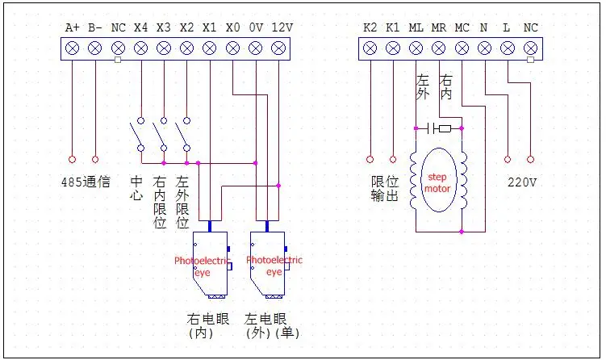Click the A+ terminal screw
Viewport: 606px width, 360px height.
(73, 48)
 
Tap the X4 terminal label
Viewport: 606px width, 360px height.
(140, 27)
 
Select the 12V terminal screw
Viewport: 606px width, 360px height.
(278, 48)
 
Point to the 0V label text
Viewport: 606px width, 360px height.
(256, 27)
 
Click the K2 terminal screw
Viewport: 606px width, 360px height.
(370, 48)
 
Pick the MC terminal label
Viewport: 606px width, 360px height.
(462, 27)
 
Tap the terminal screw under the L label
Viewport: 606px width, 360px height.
(508, 48)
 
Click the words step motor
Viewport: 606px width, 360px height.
(437, 182)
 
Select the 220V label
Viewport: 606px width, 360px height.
(522, 182)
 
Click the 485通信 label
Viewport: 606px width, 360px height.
(86, 182)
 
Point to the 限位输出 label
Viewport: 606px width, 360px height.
(385, 188)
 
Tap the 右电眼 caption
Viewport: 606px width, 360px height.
(208, 319)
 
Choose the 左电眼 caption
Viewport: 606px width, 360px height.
(265, 319)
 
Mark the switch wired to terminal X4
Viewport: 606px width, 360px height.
(137, 134)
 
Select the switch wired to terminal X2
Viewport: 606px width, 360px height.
(183, 134)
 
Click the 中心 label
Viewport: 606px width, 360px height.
(136, 188)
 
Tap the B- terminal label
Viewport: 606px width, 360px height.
(95, 27)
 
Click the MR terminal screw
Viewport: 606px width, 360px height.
(439, 48)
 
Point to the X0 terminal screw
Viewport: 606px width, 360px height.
(232, 48)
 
